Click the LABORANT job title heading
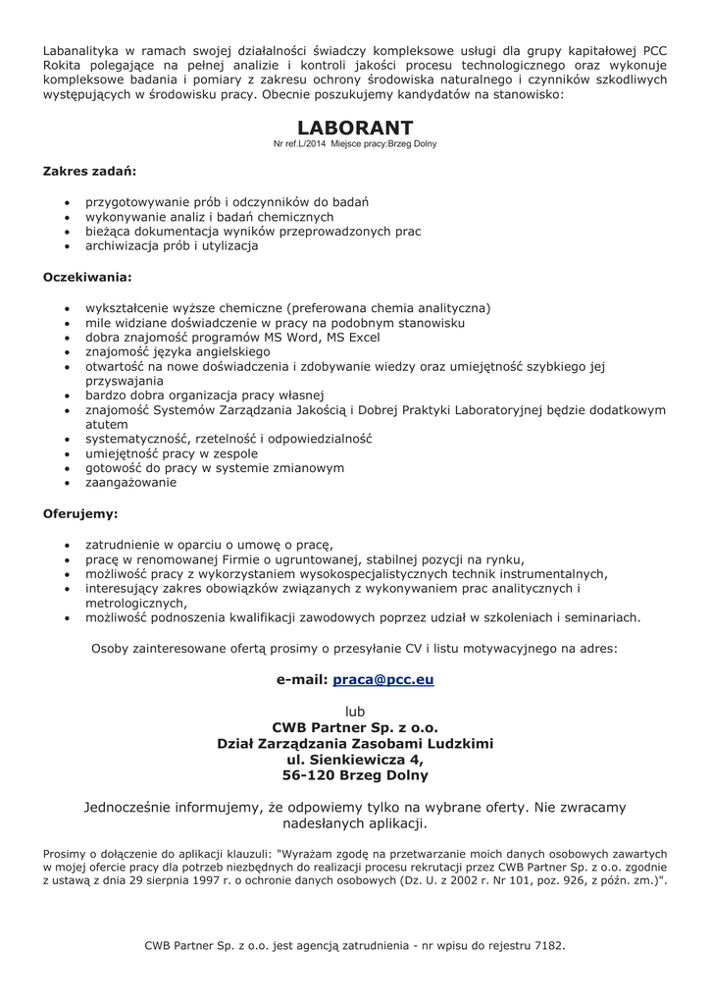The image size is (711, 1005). pos(355,128)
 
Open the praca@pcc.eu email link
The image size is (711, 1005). pos(383,679)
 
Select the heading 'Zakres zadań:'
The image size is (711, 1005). pos(89,171)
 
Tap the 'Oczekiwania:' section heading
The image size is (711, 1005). pos(87,277)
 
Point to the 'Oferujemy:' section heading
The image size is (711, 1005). pos(80,512)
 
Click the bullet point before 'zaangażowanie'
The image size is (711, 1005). pos(66,484)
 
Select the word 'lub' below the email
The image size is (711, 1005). pos(355,710)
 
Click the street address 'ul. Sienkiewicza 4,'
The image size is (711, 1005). pos(355,760)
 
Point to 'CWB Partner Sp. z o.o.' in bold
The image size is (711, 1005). pos(355,727)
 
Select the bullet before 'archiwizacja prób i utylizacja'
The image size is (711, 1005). pos(66,247)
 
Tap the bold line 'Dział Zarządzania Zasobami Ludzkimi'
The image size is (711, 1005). pos(355,744)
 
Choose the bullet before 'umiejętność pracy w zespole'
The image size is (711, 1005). pos(66,454)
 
